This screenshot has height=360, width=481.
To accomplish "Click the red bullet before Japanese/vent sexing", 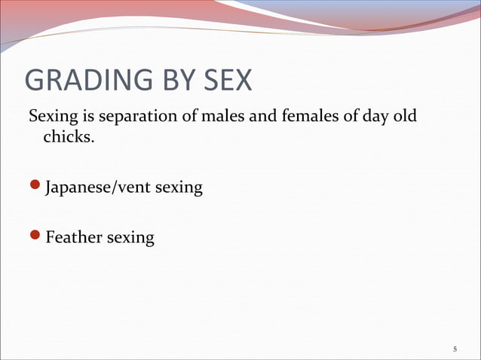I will pos(35,186).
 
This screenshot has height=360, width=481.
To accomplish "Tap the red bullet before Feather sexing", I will pos(35,237).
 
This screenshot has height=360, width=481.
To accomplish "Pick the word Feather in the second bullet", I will pos(73,238).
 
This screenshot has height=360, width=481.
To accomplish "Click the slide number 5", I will pos(455,349).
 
